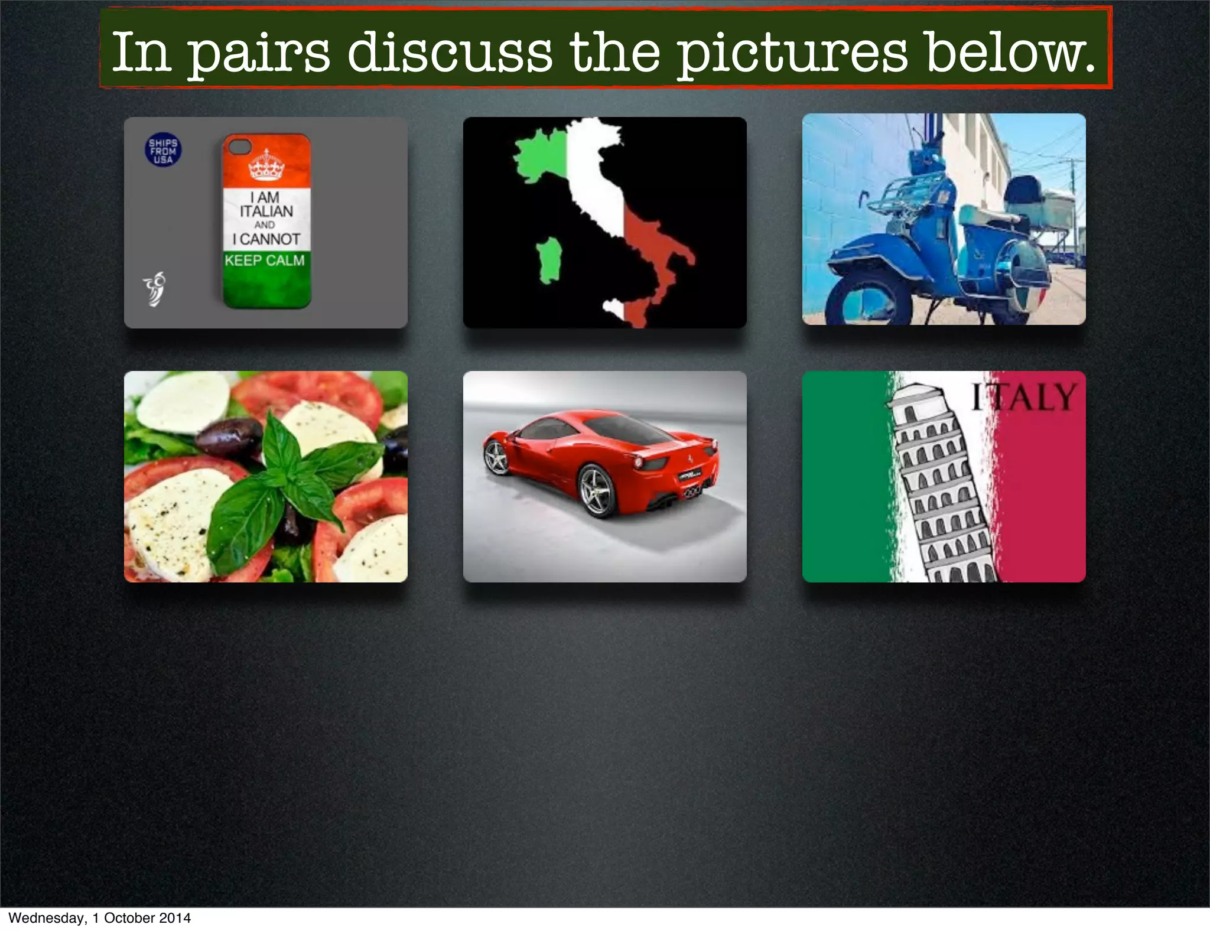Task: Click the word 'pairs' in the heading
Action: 258,54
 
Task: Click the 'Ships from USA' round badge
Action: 163,149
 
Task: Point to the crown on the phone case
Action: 266,165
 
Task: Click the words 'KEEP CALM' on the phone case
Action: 265,261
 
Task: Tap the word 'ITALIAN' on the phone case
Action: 266,211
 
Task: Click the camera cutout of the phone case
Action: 240,146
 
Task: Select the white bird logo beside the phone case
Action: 155,289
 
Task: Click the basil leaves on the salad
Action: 284,478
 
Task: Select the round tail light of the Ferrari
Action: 638,461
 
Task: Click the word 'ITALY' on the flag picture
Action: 1024,397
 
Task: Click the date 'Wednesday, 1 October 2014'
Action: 99,918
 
